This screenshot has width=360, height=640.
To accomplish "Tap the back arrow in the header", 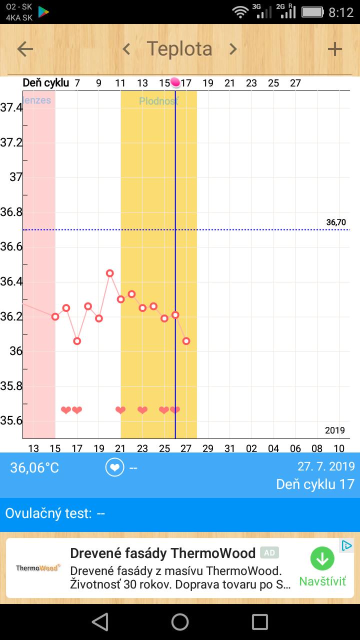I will click(25, 49).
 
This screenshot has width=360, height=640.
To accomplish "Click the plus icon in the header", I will click(334, 49).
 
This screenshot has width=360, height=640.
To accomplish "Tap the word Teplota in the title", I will click(179, 49).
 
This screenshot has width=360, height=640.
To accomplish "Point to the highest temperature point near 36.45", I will click(110, 273).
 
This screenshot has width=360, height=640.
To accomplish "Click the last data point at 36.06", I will click(186, 341).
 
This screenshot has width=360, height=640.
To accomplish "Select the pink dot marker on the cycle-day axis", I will click(175, 82).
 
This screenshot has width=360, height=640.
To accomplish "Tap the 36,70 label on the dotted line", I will click(336, 222).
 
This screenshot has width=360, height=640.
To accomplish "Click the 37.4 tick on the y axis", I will click(11, 107).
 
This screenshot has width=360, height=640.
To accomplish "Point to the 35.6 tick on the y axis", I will click(11, 420).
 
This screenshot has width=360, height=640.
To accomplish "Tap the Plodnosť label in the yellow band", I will click(158, 101).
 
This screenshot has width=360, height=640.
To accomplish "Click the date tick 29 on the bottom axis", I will click(208, 448).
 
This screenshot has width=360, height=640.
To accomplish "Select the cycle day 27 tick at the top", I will click(295, 83).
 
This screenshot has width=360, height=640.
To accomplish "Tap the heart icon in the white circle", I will click(115, 467).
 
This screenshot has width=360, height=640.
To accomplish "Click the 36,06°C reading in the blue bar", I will click(34, 467).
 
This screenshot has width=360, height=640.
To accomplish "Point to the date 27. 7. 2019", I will click(326, 466).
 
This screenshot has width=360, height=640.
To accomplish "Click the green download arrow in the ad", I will click(322, 559).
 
